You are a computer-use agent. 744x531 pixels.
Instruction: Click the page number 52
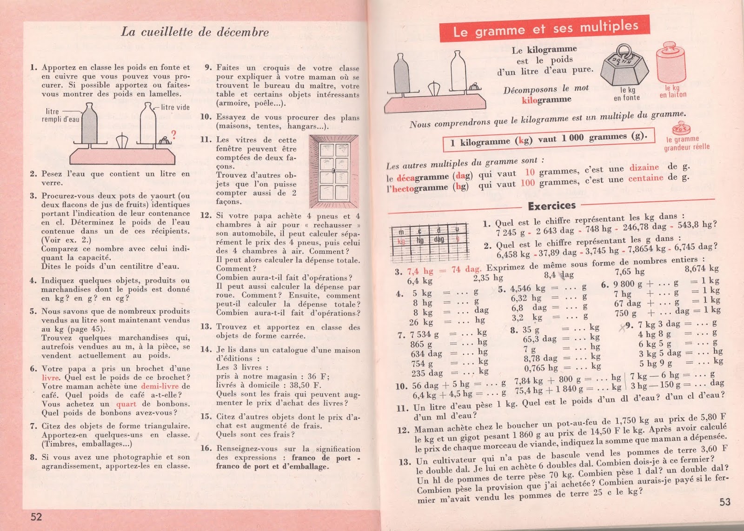36,517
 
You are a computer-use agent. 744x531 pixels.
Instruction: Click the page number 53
725,502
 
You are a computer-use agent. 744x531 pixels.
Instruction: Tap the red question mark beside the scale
173,135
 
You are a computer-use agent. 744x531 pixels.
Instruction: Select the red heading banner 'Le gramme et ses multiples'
545,29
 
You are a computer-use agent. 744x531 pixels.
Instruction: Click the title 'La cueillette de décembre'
195,32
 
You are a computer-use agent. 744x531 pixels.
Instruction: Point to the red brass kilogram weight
671,66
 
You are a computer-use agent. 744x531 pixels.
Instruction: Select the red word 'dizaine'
644,168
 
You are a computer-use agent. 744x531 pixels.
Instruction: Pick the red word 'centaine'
645,179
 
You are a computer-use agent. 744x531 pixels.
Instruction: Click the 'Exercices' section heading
551,206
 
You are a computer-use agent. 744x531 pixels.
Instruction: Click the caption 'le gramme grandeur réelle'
686,143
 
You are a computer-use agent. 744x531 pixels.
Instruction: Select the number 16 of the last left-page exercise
206,449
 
